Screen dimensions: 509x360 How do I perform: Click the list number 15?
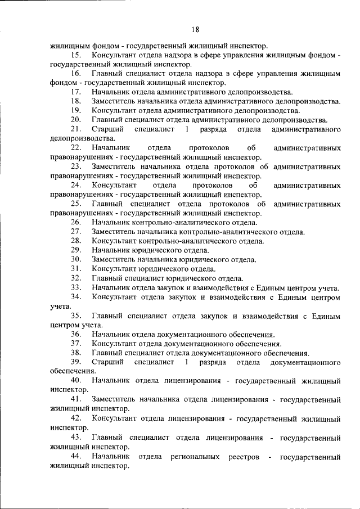pos(76,56)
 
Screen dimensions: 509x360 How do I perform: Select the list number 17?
pos(76,92)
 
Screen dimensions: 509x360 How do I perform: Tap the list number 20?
pos(76,119)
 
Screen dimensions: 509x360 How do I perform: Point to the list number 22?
pos(76,148)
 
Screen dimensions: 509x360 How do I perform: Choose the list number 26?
pos(76,222)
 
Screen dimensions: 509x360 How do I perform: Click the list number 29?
pos(76,250)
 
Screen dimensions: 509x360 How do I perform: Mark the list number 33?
pos(76,287)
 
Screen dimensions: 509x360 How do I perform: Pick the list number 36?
pos(76,334)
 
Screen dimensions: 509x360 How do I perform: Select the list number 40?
pos(76,381)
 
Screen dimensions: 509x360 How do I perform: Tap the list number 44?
pos(76,457)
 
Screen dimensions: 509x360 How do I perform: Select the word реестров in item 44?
pos(244,457)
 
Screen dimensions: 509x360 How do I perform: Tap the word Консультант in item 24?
pos(114,184)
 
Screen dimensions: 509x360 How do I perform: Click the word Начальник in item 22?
pos(111,148)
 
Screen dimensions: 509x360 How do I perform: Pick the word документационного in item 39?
pos(305,362)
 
